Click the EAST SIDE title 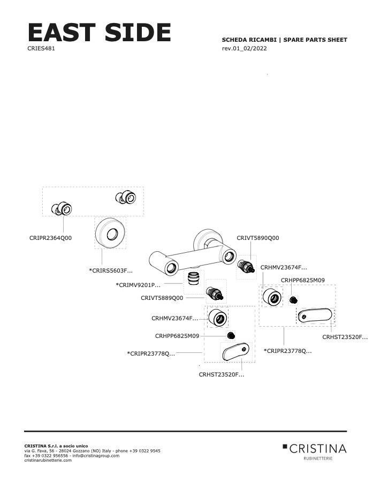(x=99, y=32)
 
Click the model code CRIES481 (x=41, y=48)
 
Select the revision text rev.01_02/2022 (x=244, y=48)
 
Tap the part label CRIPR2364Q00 (x=50, y=238)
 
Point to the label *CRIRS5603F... (x=111, y=271)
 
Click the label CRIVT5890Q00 (x=258, y=238)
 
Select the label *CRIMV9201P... (x=138, y=285)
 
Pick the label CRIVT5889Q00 (x=162, y=298)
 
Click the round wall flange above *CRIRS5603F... (x=110, y=233)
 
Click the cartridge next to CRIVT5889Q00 (x=215, y=293)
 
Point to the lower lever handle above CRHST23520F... (x=235, y=352)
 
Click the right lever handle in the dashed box (x=315, y=315)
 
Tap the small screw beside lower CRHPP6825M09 (x=231, y=336)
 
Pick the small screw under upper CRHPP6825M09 (x=294, y=300)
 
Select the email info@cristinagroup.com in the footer (x=96, y=456)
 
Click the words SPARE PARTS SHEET (x=315, y=40)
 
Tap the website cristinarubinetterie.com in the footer (x=48, y=460)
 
